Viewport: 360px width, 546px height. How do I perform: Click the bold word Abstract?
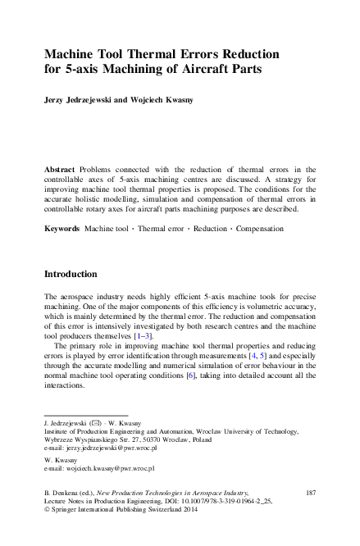pyautogui.click(x=62, y=167)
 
